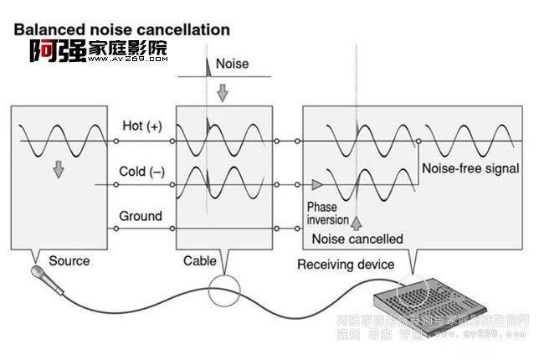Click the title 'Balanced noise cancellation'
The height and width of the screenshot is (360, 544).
pyautogui.click(x=121, y=29)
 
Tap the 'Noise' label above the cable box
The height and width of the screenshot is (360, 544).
pyautogui.click(x=232, y=64)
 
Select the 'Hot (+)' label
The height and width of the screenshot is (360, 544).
pyautogui.click(x=142, y=126)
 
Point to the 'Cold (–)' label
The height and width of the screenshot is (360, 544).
pyautogui.click(x=142, y=172)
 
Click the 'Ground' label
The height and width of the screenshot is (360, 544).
pyautogui.click(x=140, y=216)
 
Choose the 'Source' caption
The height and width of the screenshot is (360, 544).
pyautogui.click(x=69, y=260)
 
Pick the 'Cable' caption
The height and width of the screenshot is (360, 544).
pyautogui.click(x=200, y=261)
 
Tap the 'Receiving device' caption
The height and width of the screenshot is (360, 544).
pyautogui.click(x=346, y=265)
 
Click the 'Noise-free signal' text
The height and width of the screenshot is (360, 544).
pyautogui.click(x=470, y=168)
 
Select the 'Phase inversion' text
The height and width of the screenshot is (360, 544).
pyautogui.click(x=323, y=213)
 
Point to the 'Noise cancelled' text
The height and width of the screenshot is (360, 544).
pyautogui.click(x=357, y=239)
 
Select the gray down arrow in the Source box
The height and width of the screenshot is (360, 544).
pyautogui.click(x=58, y=168)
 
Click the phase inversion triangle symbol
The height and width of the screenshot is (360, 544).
pyautogui.click(x=316, y=183)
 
